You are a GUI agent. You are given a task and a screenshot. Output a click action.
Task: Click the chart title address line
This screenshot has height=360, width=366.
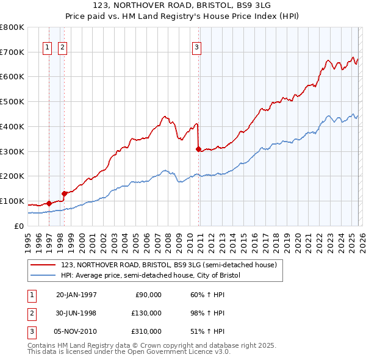pos(182,6)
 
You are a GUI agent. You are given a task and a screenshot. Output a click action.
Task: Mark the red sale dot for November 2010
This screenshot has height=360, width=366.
pos(198,148)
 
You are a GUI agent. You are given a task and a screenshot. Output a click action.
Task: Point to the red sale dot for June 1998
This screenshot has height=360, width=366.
pos(64,193)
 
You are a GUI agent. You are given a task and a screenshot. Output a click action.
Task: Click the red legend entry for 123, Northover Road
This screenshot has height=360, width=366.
pos(169,265)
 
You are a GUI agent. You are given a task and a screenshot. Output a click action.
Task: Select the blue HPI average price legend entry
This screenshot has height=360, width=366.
pos(151,276)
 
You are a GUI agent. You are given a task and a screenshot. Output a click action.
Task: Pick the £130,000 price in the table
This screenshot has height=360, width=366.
pos(146,313)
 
